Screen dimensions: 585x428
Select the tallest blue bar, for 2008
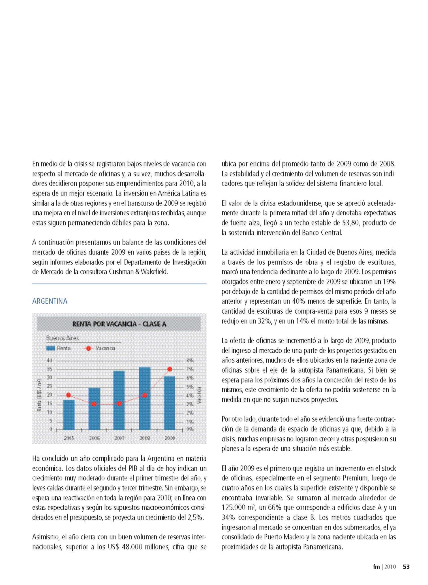145,398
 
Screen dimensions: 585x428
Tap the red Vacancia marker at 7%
170,369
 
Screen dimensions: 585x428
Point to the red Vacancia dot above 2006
94,404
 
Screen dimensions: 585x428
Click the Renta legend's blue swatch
51,348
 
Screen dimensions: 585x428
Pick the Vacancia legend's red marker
88,348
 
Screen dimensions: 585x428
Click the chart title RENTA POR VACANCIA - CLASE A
119,324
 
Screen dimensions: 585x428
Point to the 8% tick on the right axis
189,361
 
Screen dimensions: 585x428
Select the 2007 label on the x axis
119,438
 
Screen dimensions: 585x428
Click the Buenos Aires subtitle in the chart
62,338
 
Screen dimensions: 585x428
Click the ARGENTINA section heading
50,301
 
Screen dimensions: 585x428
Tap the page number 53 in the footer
406,567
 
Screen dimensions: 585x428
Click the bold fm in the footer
376,567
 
